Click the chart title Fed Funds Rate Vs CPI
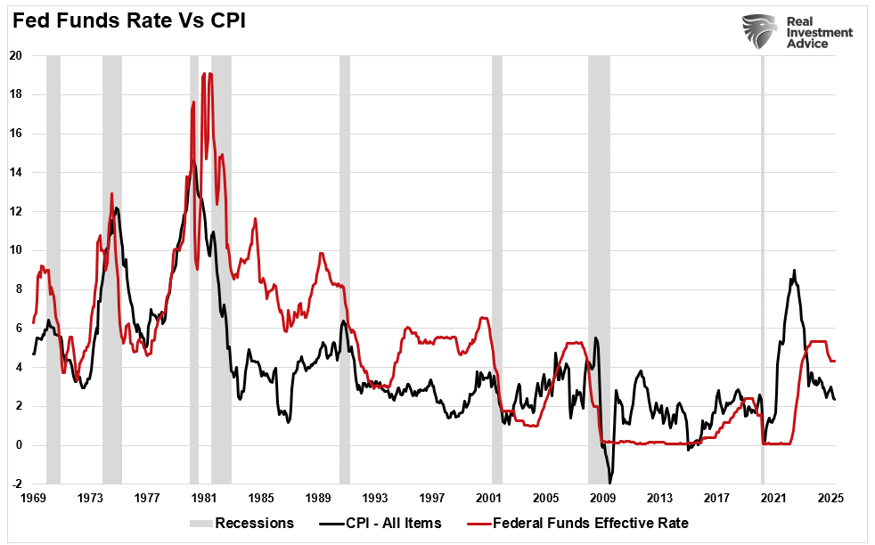pyautogui.click(x=127, y=20)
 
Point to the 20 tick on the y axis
pyautogui.click(x=16, y=55)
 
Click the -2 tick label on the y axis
pyautogui.click(x=16, y=484)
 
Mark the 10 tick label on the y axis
pyautogui.click(x=16, y=250)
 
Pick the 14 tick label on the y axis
pyautogui.click(x=16, y=172)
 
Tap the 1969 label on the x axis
pyautogui.click(x=34, y=499)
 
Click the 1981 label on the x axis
pyautogui.click(x=204, y=499)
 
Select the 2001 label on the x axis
pyautogui.click(x=489, y=499)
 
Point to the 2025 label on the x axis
pyautogui.click(x=831, y=499)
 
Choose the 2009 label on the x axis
pyautogui.click(x=603, y=499)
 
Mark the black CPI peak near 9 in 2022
pyautogui.click(x=794, y=271)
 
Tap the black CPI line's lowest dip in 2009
pyautogui.click(x=610, y=482)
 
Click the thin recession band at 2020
pyautogui.click(x=763, y=267)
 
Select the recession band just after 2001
pyautogui.click(x=497, y=267)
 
